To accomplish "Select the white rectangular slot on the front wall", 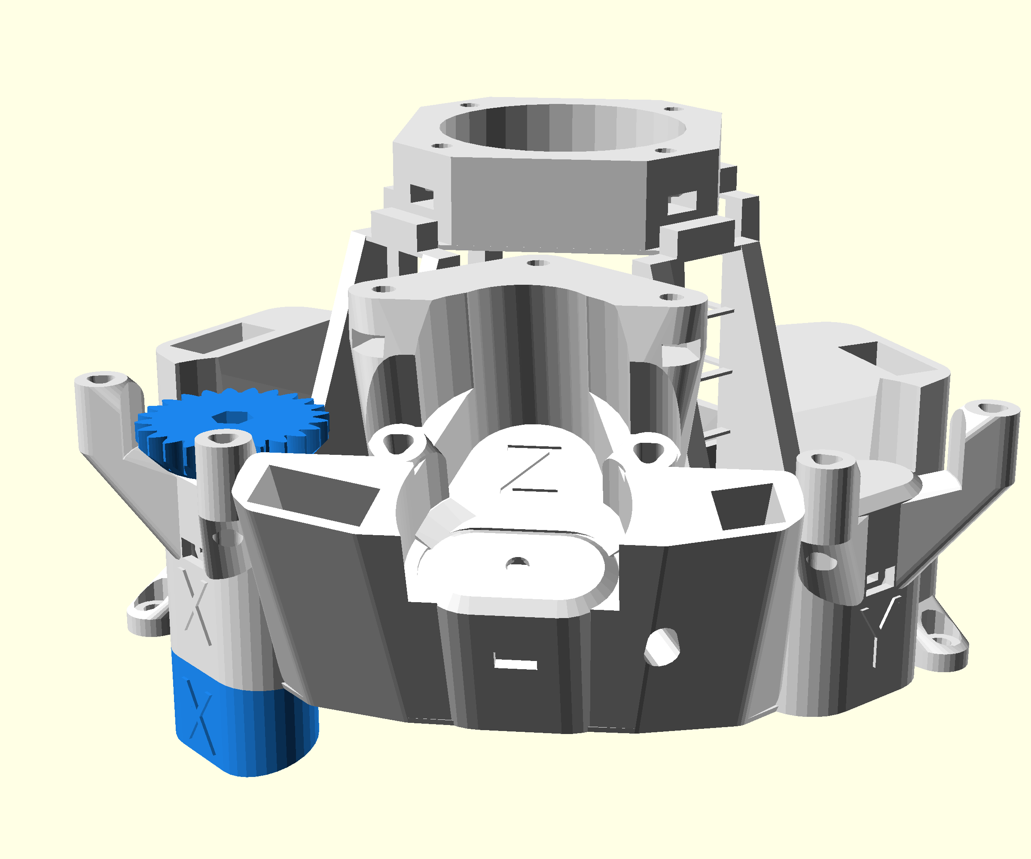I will pyautogui.click(x=515, y=664).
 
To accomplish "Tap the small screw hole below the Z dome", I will pyautogui.click(x=517, y=563).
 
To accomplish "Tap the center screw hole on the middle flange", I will pyautogui.click(x=537, y=263).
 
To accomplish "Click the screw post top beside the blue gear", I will pyautogui.click(x=223, y=438).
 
